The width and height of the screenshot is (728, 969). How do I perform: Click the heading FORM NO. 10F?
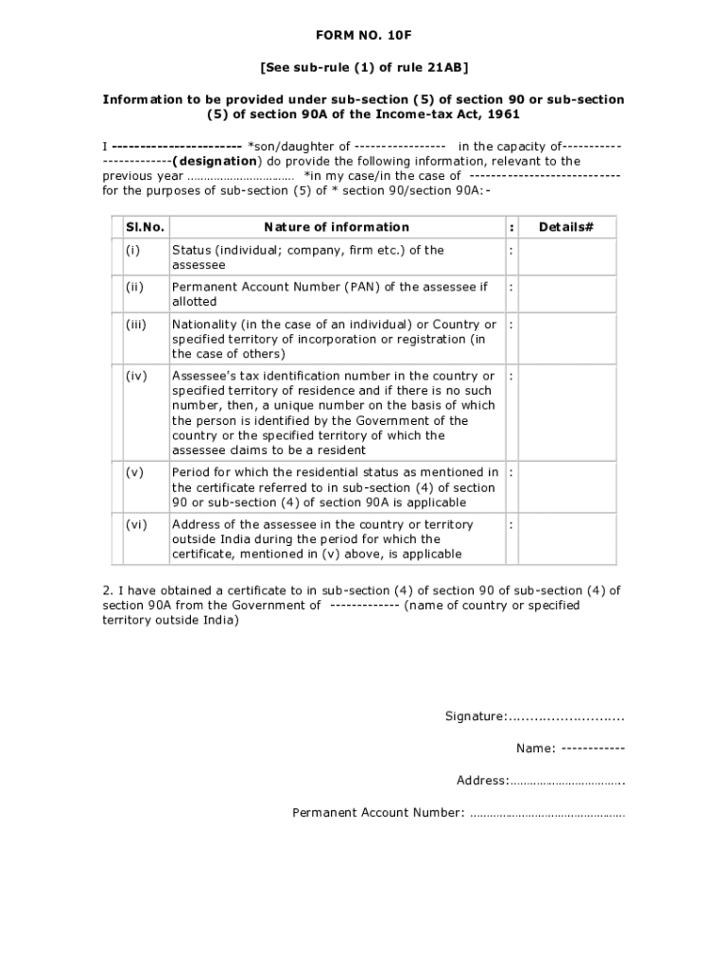tap(364, 36)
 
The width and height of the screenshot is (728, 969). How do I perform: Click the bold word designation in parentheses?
tap(215, 161)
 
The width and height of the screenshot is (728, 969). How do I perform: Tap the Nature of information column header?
tap(337, 227)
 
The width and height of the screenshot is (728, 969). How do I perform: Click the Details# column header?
tap(565, 227)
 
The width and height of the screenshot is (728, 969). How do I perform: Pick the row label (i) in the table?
tap(131, 251)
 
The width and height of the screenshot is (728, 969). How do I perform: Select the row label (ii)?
tap(133, 287)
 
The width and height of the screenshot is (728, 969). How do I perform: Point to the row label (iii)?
tap(135, 325)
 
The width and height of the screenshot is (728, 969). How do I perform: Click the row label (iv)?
tap(135, 377)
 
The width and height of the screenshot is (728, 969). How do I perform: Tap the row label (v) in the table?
tap(133, 472)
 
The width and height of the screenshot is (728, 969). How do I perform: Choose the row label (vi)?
tap(135, 524)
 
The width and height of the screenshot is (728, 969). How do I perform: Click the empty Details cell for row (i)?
tap(565, 257)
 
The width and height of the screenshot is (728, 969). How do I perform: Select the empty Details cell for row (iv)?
tap(565, 413)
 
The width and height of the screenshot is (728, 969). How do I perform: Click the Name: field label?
tap(535, 749)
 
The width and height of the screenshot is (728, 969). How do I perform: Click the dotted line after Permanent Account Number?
tap(546, 813)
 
